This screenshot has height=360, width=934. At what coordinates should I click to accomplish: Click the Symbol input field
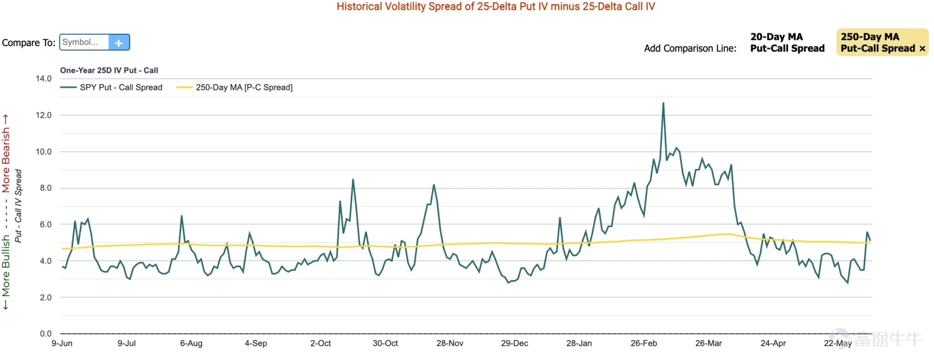click(84, 42)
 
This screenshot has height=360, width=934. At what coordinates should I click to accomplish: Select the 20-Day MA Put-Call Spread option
click(787, 43)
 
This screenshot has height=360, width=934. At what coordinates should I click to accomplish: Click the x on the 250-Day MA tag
click(922, 49)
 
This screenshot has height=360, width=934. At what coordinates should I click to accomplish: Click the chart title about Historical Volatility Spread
click(496, 6)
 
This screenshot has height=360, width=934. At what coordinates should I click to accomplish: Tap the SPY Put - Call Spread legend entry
click(111, 88)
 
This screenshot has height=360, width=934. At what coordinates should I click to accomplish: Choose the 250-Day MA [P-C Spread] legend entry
click(234, 88)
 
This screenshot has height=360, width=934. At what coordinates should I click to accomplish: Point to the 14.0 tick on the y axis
click(44, 79)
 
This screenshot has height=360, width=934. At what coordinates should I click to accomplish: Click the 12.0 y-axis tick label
click(44, 115)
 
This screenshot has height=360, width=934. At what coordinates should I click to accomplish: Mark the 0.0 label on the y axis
click(46, 334)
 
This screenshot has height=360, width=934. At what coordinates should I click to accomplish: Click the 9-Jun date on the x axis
click(62, 343)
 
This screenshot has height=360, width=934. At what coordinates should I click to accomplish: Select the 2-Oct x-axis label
click(320, 343)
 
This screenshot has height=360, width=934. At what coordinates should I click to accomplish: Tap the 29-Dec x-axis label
click(514, 343)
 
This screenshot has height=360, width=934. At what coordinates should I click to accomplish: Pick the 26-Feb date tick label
click(644, 343)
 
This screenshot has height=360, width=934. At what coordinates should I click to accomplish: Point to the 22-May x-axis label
click(838, 344)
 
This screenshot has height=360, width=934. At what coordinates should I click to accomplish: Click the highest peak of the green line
click(663, 103)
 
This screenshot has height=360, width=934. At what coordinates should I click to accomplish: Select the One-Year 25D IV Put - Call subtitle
click(109, 71)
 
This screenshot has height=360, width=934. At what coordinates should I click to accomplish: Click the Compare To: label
click(29, 43)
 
